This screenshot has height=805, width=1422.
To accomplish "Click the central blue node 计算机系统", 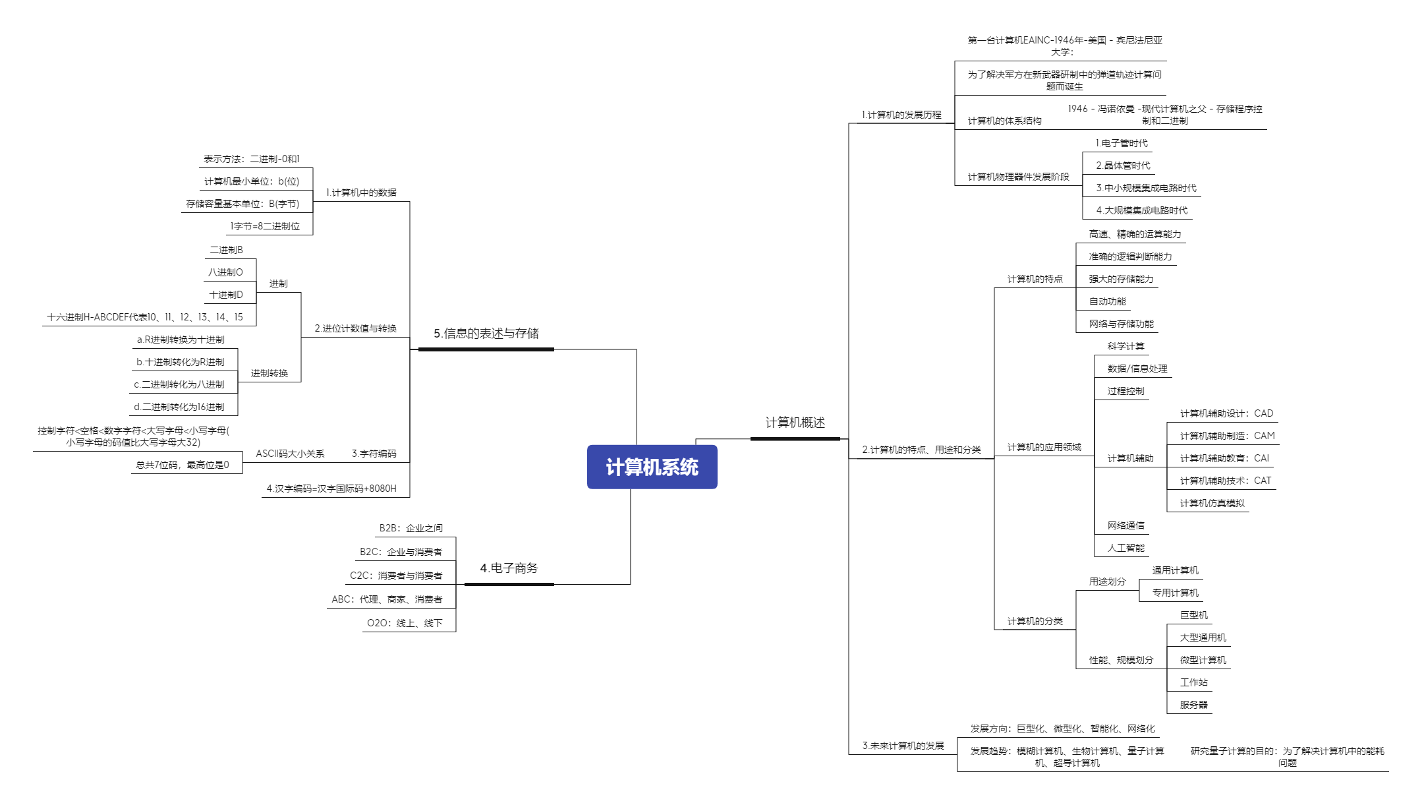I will (652, 467).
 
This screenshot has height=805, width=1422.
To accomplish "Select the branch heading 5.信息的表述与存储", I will (486, 334).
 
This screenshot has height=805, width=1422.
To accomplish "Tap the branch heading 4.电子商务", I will (509, 568).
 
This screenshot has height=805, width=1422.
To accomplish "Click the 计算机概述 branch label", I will (795, 423).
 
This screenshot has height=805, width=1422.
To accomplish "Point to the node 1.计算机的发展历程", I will (901, 115).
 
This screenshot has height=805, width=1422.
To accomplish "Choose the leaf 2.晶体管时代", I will (1123, 165).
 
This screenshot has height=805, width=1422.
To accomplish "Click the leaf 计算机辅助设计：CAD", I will (1226, 413).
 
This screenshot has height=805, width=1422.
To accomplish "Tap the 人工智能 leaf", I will (1125, 548).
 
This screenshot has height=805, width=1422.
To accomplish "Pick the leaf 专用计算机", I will (1175, 593).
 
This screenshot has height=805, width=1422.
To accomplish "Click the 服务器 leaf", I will (1193, 705).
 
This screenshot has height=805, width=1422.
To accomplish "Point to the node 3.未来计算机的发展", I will (903, 746).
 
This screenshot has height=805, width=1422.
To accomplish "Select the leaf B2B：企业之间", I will (411, 528).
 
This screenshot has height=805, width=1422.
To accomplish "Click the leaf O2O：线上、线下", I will (405, 623).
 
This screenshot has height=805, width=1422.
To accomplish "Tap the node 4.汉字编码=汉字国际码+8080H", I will (331, 489).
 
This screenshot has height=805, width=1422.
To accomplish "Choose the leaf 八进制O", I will (225, 272).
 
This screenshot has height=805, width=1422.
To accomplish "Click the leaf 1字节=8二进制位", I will (265, 226).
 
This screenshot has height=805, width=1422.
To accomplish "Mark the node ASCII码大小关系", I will (290, 454).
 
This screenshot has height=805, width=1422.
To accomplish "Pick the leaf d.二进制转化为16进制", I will (179, 407).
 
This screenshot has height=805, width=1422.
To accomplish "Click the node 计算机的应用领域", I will (1044, 447).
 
